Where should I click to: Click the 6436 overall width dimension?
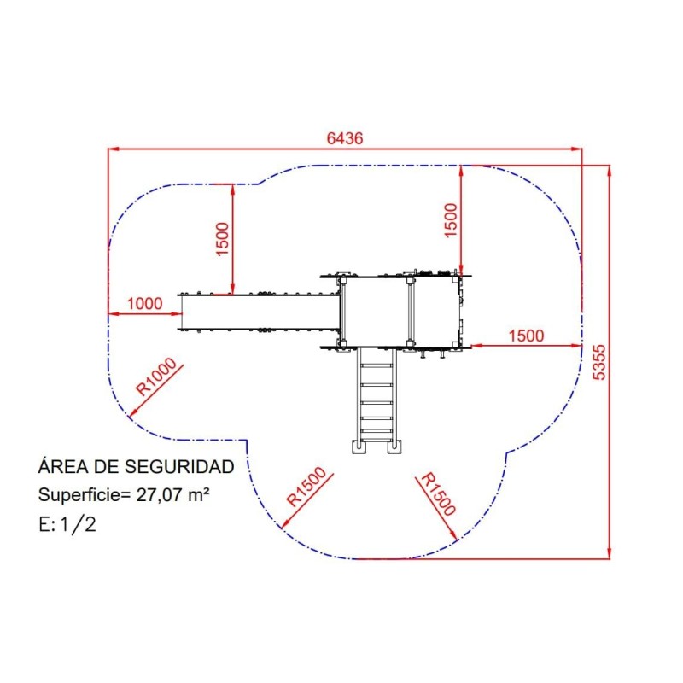point(345,138)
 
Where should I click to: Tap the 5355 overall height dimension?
point(600,362)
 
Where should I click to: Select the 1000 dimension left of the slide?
point(144,304)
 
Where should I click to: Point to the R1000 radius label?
point(156,377)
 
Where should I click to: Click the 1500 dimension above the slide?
point(222,239)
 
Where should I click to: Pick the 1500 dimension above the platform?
point(451,220)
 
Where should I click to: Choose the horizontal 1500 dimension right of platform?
point(526,336)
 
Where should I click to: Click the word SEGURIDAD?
point(179,466)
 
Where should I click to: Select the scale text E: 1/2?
point(67,524)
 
